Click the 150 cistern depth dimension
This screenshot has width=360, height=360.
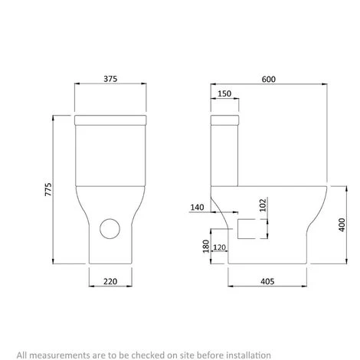pos(224,93)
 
